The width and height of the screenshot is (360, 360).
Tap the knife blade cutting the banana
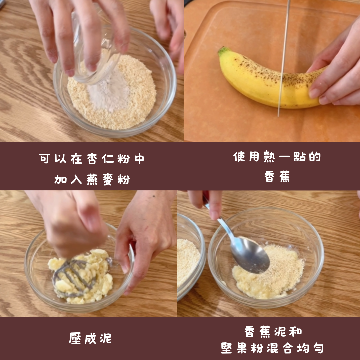point(284,57)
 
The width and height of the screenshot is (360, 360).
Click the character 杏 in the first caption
point(92,159)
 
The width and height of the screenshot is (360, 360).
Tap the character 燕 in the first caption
point(92,179)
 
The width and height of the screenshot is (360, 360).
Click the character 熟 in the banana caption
point(269,157)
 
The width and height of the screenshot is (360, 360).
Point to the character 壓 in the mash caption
point(75,338)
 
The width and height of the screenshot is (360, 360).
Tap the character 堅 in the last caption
point(227,348)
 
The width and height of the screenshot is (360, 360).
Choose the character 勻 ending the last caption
point(318,348)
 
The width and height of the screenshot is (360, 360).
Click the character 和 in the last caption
point(296,331)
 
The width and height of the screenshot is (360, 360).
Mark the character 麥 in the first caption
point(108,179)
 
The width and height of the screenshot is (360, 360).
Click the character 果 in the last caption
point(242,348)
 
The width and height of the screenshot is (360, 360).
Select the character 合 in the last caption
point(288,348)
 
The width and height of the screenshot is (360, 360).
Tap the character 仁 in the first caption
point(108,159)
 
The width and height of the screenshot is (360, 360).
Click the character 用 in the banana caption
point(254,157)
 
